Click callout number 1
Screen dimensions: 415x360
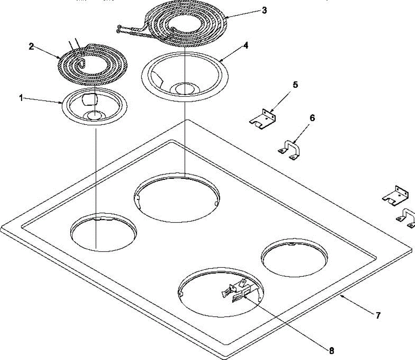[21, 98]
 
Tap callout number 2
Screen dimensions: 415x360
[31, 46]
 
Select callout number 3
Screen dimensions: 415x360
[264, 10]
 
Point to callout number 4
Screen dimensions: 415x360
[245, 45]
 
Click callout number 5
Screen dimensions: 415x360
[295, 85]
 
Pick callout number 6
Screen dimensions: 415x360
[312, 118]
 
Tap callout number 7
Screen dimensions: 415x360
[378, 315]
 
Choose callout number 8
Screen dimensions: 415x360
[331, 350]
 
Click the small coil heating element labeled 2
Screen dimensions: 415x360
[92, 64]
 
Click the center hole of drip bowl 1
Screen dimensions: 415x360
[94, 116]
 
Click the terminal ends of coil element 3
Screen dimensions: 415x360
[120, 29]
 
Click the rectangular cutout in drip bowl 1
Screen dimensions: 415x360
[90, 99]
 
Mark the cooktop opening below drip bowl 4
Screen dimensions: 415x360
[176, 197]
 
